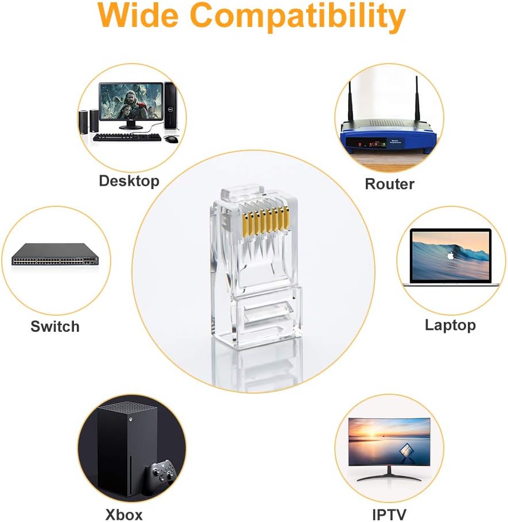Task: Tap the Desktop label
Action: click(129, 181)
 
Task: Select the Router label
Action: click(389, 184)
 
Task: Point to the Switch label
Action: click(55, 327)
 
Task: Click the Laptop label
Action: click(450, 325)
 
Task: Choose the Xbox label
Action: click(124, 514)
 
